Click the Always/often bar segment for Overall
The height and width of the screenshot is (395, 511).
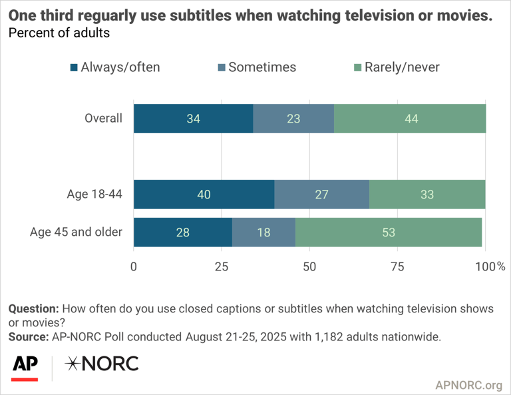pyautogui.click(x=193, y=119)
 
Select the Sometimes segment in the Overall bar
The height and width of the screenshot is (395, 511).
pyautogui.click(x=293, y=119)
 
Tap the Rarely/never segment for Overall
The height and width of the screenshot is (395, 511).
pyautogui.click(x=410, y=119)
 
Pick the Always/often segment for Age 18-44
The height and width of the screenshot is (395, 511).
pyautogui.click(x=204, y=195)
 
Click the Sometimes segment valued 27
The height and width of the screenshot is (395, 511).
pyautogui.click(x=321, y=195)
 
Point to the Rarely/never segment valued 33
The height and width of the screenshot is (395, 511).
pyautogui.click(x=427, y=195)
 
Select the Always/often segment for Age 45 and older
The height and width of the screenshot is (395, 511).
pyautogui.click(x=182, y=232)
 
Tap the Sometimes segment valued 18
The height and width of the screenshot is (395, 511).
pyautogui.click(x=263, y=232)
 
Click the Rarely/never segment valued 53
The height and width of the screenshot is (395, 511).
pyautogui.click(x=389, y=232)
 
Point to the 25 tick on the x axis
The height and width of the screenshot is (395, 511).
pyautogui.click(x=222, y=267)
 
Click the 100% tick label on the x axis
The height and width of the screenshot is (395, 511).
pyautogui.click(x=490, y=267)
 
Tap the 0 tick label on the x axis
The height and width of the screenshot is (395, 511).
pyautogui.click(x=134, y=267)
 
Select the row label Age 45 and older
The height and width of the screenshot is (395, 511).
pyautogui.click(x=77, y=232)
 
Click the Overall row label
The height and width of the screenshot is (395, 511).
pyautogui.click(x=103, y=119)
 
